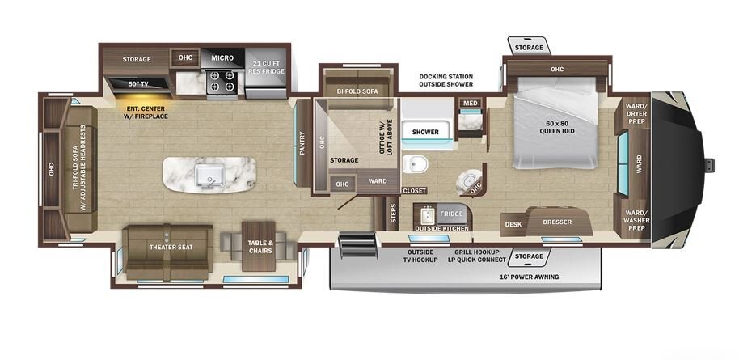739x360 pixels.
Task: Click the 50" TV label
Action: click(x=138, y=84)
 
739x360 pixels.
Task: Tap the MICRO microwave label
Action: click(x=222, y=58)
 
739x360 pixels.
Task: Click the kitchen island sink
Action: click(x=209, y=175)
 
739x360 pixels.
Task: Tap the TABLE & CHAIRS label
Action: click(x=260, y=247)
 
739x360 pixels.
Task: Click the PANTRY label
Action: click(x=302, y=143)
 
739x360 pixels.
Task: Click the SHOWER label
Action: click(x=425, y=132)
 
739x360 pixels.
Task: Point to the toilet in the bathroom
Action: click(x=416, y=163)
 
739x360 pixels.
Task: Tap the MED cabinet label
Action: click(x=470, y=104)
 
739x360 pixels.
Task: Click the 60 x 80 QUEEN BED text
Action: click(x=557, y=127)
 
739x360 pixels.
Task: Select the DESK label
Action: click(x=513, y=224)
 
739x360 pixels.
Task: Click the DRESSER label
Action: click(x=557, y=222)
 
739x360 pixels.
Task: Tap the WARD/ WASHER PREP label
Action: click(x=636, y=220)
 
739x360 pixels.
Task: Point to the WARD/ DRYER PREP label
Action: click(x=636, y=114)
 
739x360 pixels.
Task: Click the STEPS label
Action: click(x=394, y=214)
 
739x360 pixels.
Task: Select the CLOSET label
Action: click(x=415, y=191)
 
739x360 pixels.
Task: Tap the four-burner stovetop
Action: click(x=222, y=82)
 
